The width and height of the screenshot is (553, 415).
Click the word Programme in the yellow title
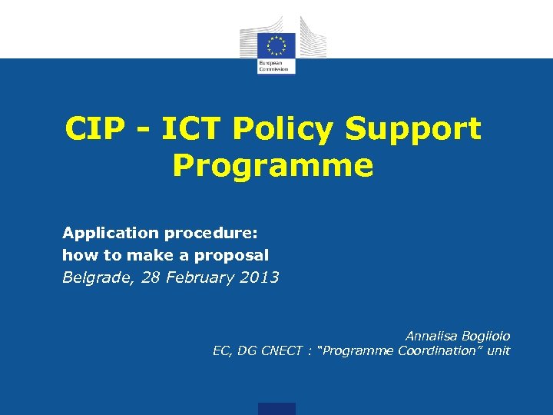[x=273, y=165]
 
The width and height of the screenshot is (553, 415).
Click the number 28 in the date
[x=152, y=277]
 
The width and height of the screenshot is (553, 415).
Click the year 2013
[x=260, y=277]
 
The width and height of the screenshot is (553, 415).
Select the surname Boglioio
[x=485, y=336]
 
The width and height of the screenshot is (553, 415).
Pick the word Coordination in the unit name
[x=438, y=351]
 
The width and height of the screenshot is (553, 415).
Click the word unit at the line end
[x=499, y=351]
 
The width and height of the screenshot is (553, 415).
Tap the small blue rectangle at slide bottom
[x=276, y=408]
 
